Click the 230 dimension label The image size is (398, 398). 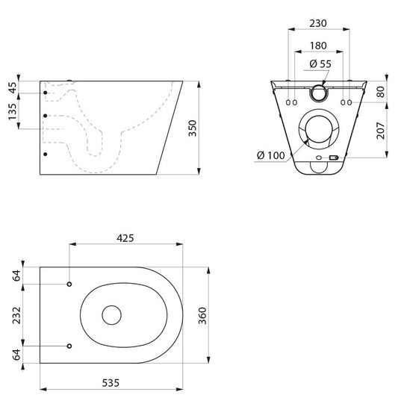318,23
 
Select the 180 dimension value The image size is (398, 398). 318,46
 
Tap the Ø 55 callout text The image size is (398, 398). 320,63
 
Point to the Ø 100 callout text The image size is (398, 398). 271,155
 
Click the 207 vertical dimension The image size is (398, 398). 381,131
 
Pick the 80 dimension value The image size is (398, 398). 381,92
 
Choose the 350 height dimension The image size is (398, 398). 193,128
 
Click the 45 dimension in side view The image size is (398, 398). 13,87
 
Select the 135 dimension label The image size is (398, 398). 12,111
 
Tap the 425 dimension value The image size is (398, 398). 125,238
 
